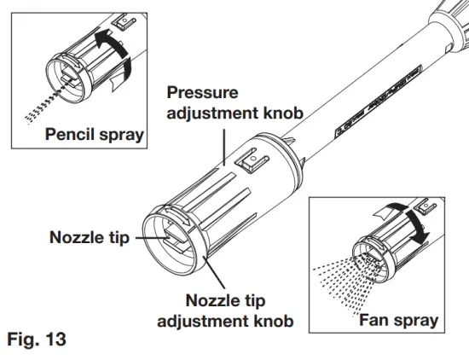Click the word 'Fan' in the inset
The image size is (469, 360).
click(x=373, y=321)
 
